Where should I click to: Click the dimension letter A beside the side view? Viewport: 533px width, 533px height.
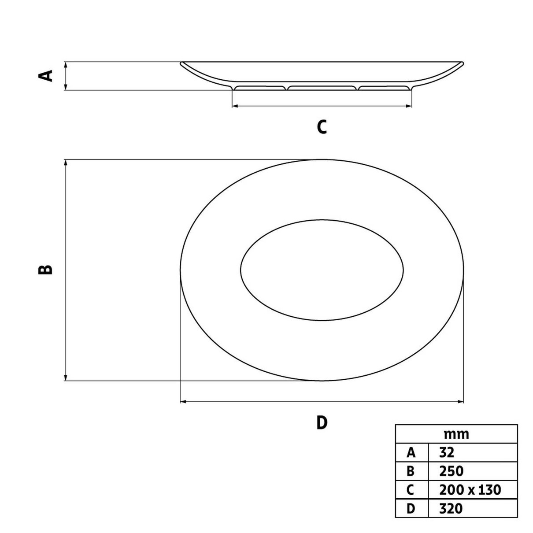[45, 76]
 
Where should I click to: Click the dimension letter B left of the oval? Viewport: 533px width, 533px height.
[45, 270]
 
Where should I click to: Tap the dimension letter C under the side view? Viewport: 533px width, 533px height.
[322, 127]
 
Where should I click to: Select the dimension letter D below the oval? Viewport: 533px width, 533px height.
[322, 422]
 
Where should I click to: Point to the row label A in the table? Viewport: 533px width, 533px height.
[411, 453]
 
